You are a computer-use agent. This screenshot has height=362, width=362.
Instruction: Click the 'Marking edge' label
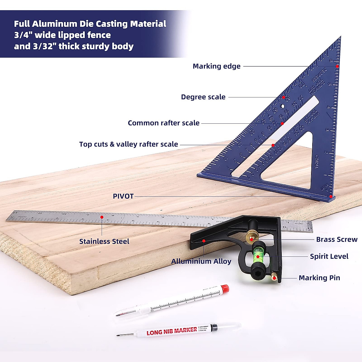[x=217, y=66]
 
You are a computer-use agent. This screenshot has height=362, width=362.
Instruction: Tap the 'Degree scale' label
[x=203, y=97]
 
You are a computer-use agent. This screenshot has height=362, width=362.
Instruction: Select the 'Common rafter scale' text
[x=164, y=123]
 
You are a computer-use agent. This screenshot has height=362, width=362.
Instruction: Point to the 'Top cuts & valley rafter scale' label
[x=129, y=144]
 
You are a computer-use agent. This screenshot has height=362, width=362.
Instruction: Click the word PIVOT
[x=123, y=196]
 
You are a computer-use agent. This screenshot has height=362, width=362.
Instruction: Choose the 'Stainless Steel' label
[x=104, y=241]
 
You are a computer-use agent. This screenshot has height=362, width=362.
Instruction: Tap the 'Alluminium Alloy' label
[x=201, y=262]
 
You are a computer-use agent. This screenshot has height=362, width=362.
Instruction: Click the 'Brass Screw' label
[x=337, y=240]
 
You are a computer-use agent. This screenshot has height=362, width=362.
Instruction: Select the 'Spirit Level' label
[x=329, y=256]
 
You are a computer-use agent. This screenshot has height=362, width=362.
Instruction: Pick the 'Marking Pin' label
[x=319, y=278]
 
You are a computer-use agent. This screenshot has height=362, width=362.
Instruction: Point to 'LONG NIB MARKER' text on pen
[x=172, y=331]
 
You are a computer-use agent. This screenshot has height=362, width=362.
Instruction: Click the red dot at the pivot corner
[x=331, y=196]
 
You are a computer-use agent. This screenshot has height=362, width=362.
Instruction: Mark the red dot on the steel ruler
[x=102, y=217]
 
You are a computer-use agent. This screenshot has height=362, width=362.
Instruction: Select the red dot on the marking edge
[x=338, y=66]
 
